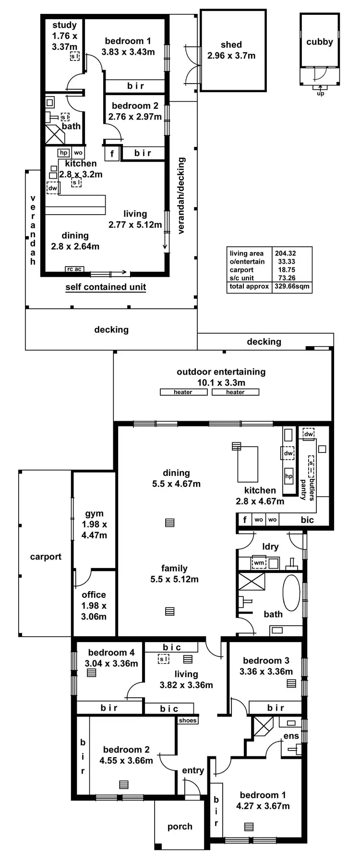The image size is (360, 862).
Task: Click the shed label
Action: tap(231, 45)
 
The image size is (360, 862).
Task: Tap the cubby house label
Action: tap(320, 42)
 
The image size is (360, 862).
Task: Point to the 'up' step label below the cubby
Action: tap(321, 94)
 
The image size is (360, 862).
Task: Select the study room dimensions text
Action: tap(65, 41)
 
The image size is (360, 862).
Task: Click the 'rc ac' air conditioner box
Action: tap(74, 269)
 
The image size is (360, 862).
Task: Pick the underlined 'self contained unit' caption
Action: tap(106, 287)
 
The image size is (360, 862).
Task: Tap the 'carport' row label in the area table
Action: tap(241, 270)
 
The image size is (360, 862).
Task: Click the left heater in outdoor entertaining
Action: tap(183, 392)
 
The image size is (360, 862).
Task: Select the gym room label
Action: tap(94, 513)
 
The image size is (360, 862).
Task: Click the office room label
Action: tap(94, 595)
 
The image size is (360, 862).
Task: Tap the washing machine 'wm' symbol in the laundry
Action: tap(259, 562)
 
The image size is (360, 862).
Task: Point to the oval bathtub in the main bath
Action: tap(291, 593)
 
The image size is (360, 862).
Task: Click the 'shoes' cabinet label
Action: tap(188, 720)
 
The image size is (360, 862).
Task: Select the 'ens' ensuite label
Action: tap(291, 736)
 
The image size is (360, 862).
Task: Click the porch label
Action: tap(180, 826)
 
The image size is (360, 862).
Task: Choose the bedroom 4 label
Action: tap(111, 652)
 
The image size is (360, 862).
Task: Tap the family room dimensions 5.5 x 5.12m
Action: tap(174, 579)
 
